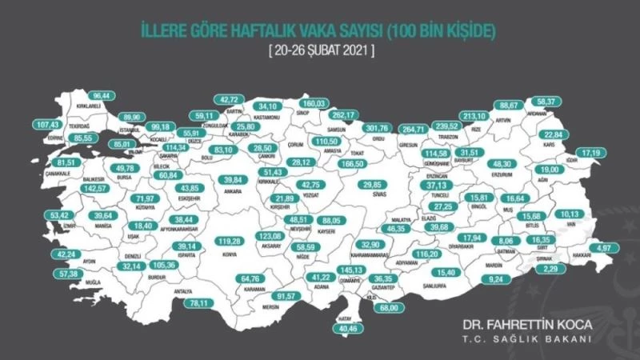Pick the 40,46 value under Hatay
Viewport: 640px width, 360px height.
345,328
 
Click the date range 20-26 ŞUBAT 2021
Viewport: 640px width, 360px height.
320,50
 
